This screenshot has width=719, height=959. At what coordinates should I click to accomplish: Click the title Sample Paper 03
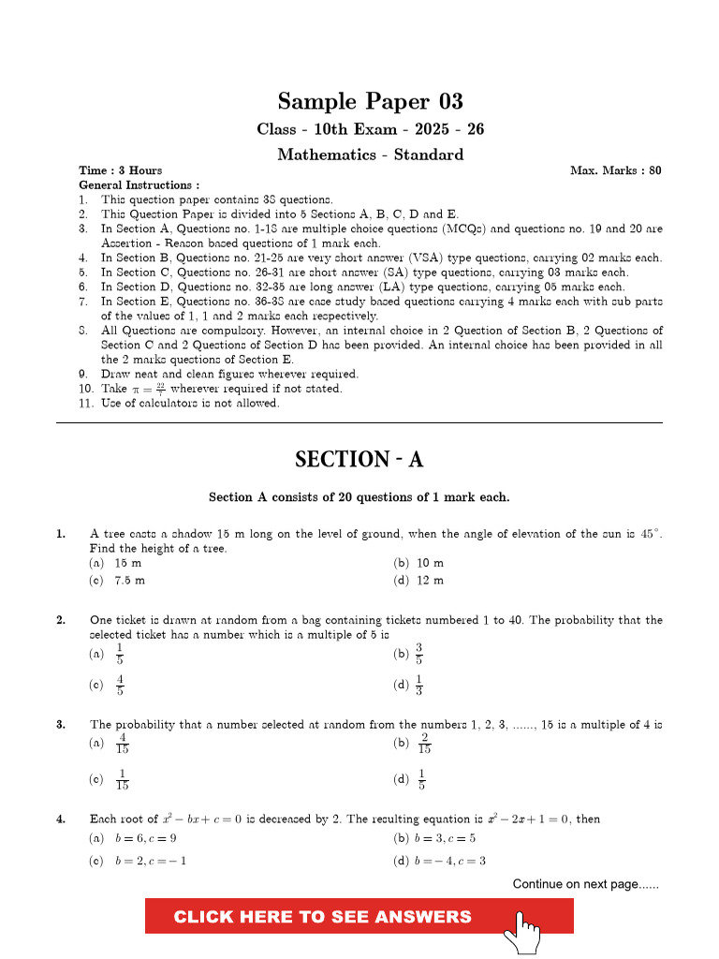pos(370,101)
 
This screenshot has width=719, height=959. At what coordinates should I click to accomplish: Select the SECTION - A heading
pos(359,459)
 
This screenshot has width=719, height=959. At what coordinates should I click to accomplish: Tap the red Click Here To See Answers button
pos(323,916)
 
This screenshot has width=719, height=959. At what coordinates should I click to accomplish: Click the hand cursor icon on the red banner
pos(522,928)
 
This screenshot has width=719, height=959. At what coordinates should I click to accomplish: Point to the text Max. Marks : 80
pos(615,170)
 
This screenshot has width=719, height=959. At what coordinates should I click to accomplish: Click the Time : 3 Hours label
pos(121,170)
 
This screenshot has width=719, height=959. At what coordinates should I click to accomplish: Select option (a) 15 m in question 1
pos(116,563)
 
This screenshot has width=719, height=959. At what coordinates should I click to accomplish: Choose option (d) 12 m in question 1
pos(419,581)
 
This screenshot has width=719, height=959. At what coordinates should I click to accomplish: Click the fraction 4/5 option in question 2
pos(110,685)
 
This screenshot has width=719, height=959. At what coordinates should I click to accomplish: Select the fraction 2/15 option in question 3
pos(414,744)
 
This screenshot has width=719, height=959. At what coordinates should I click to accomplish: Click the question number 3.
pos(60,724)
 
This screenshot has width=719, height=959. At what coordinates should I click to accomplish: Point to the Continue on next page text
pos(585,884)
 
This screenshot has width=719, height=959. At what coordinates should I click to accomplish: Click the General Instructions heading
pos(139,185)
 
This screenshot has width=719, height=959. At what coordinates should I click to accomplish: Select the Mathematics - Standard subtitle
pos(370,155)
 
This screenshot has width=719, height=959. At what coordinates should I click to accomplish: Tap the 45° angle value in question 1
pos(650,534)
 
